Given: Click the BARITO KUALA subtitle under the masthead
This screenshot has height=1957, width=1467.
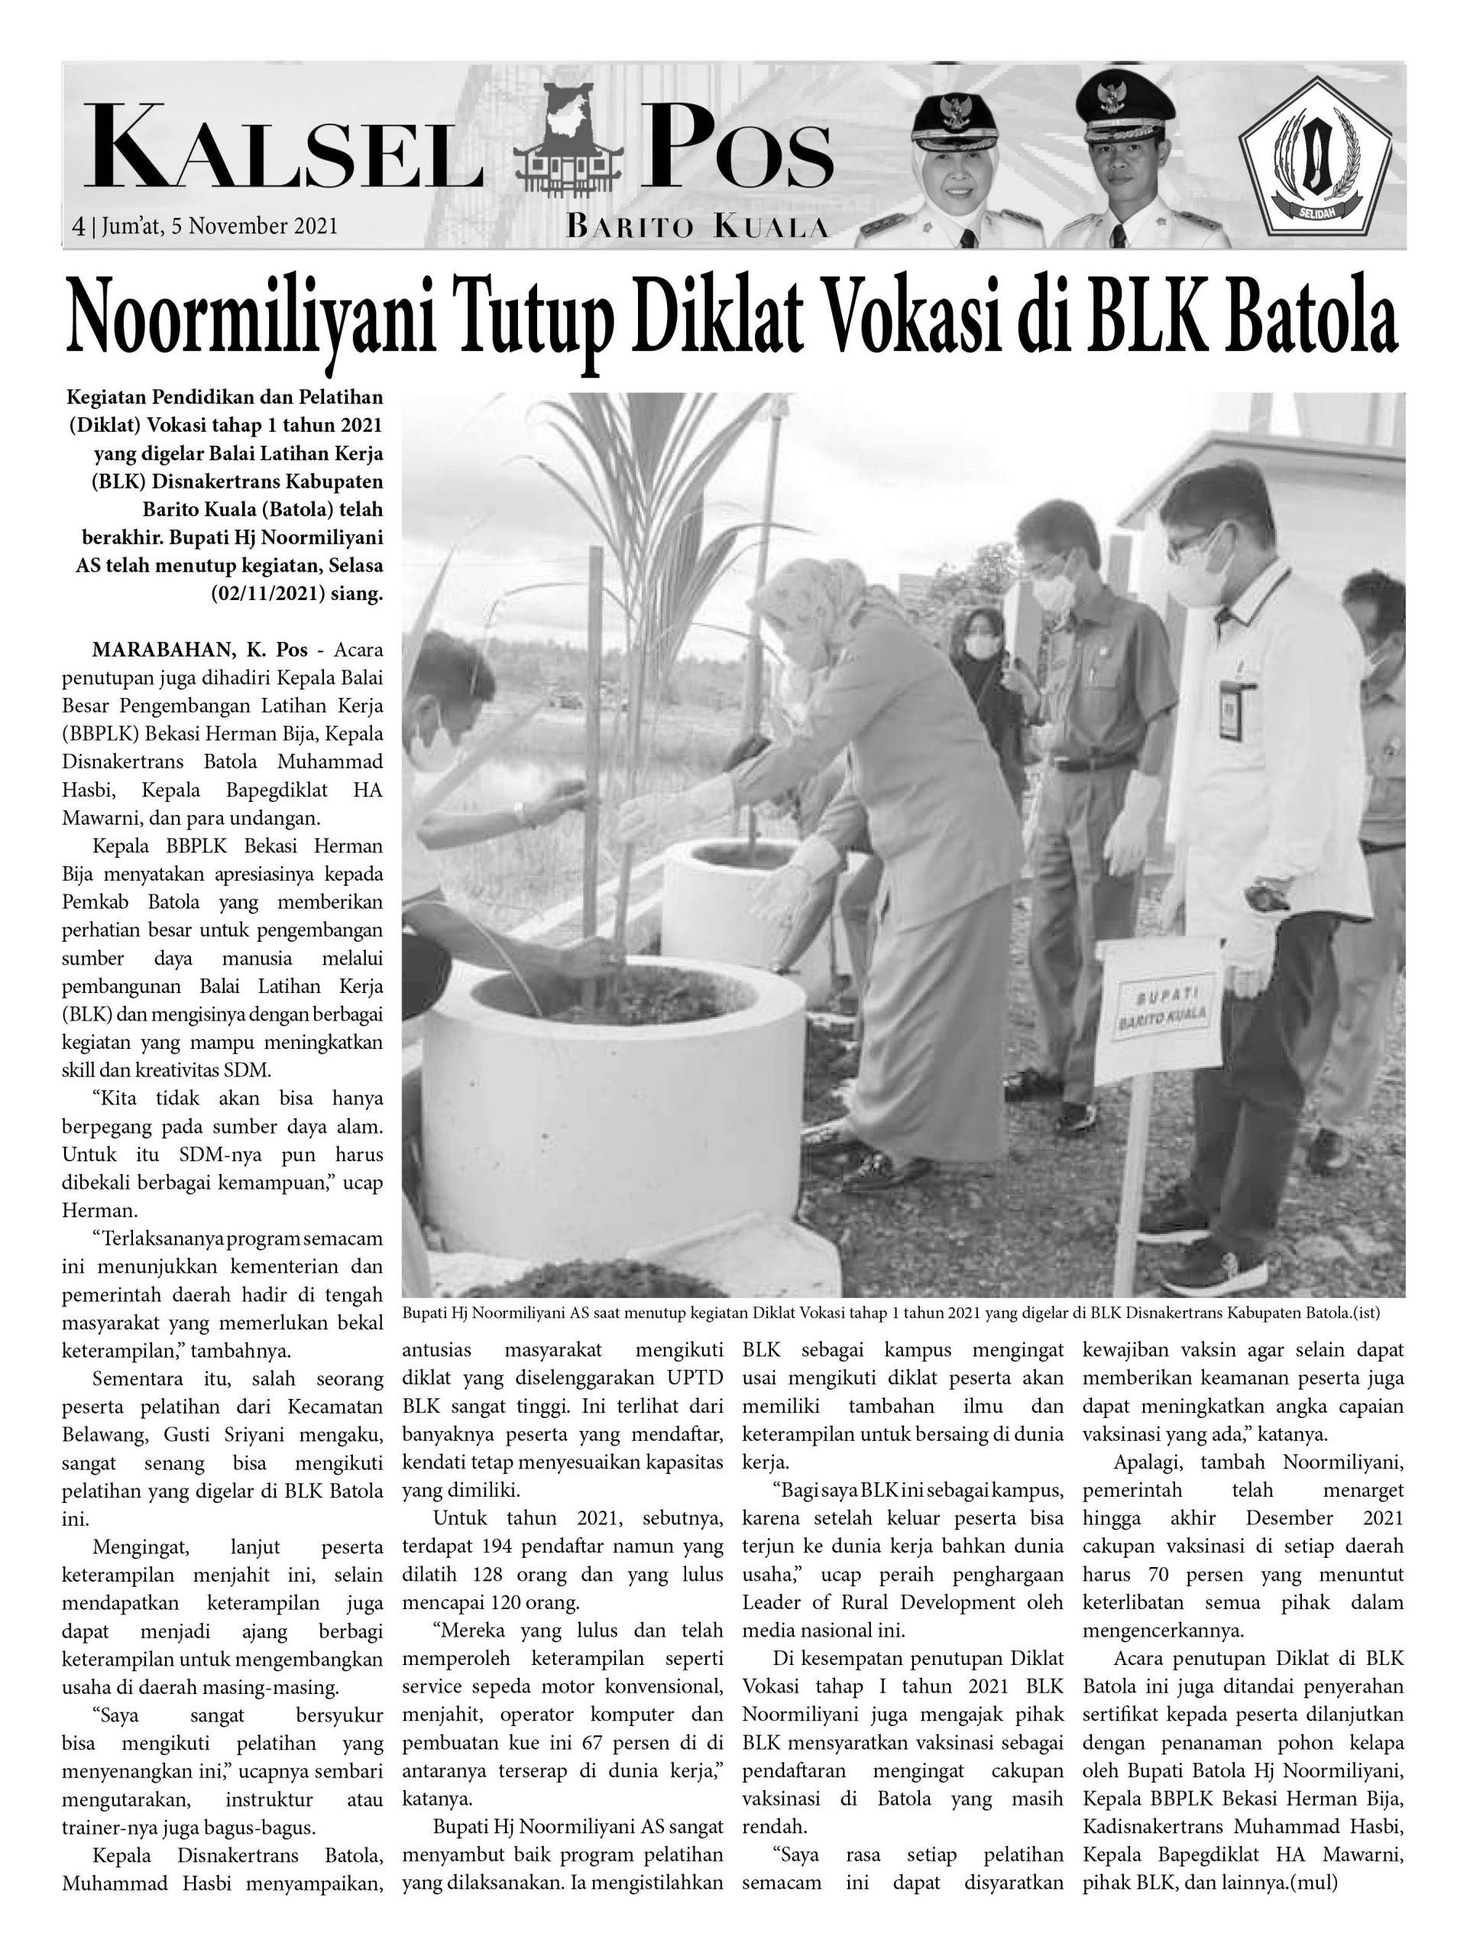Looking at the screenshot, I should point(697,229).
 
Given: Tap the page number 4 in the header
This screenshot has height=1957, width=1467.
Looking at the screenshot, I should point(79,227).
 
